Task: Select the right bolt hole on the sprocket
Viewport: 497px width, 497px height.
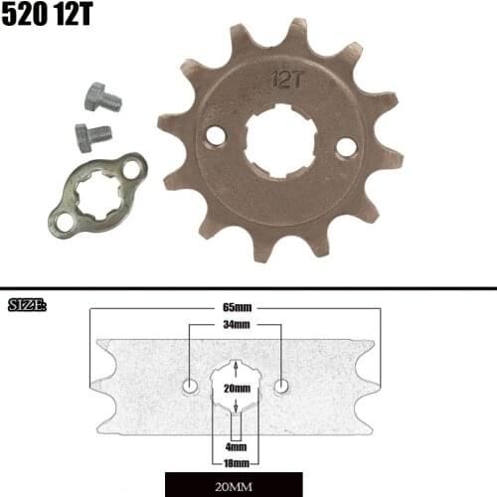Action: [x=346, y=146]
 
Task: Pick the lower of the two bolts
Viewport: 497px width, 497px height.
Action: [x=90, y=136]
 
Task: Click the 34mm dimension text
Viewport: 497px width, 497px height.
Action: [x=236, y=325]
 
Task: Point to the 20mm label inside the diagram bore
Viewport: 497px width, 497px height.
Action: [x=236, y=389]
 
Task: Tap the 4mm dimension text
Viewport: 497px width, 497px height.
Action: [x=236, y=448]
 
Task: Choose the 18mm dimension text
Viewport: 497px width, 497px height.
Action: [x=236, y=464]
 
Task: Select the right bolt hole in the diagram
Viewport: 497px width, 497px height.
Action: [x=282, y=385]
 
